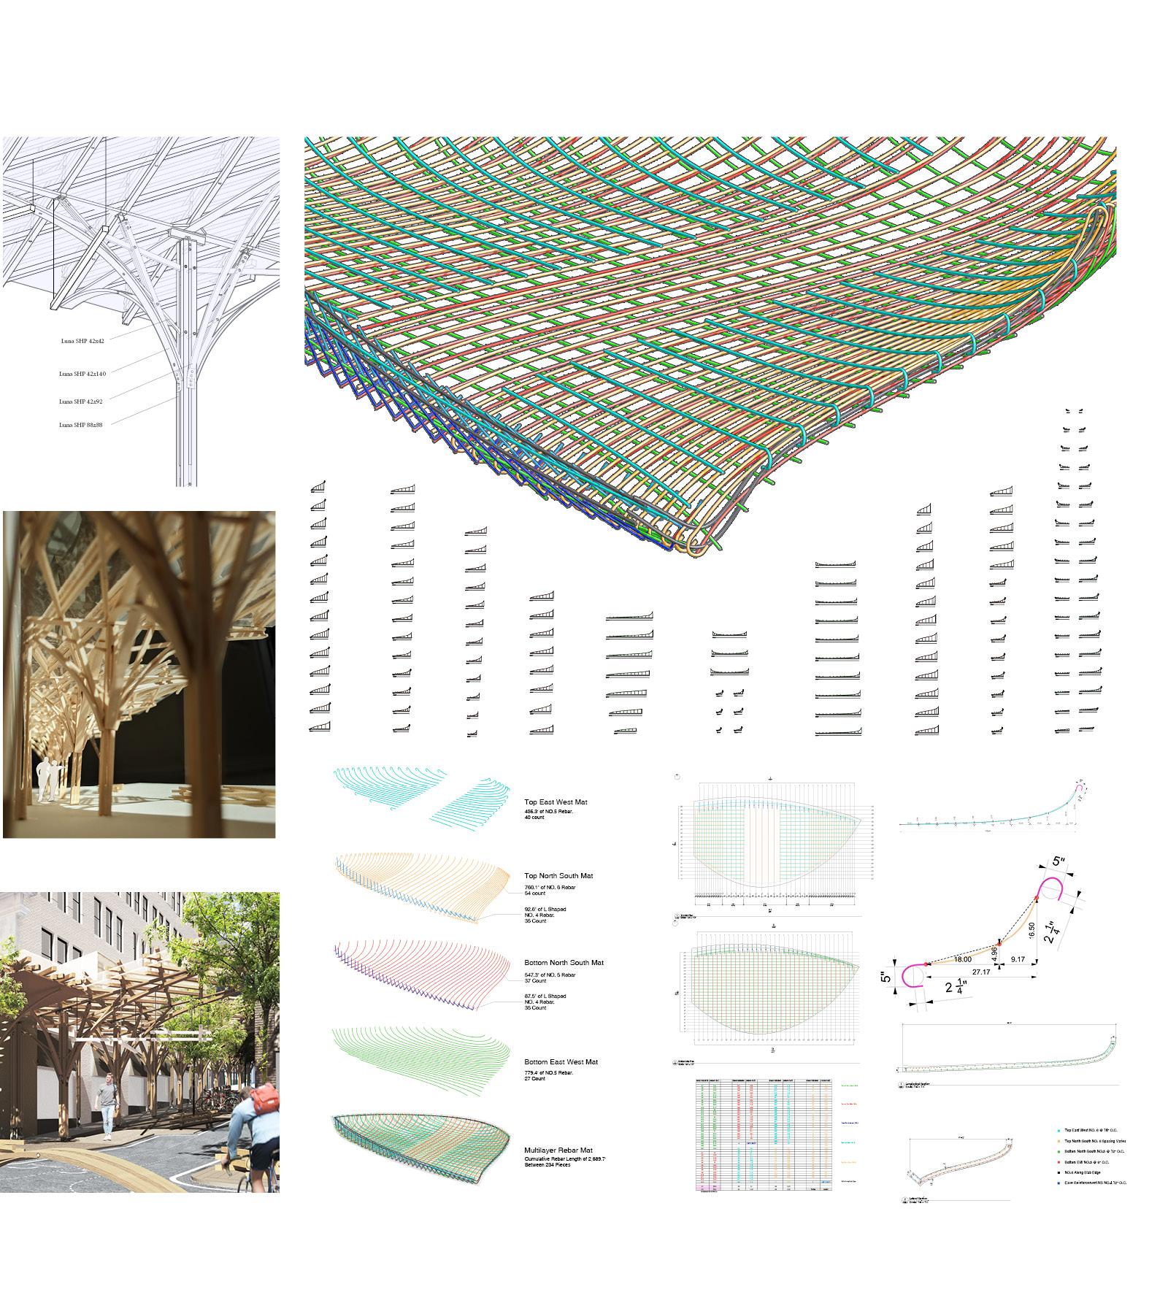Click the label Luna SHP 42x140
coord(82,374)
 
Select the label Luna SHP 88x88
coord(80,425)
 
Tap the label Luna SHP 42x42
coord(82,341)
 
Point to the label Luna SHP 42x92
coord(80,401)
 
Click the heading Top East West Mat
coord(556,802)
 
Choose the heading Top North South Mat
coord(558,876)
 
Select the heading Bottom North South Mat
coord(564,963)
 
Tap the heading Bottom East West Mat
coord(561,1062)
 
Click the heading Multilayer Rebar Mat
coord(559,1150)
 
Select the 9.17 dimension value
coord(1018,959)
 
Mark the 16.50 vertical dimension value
coord(1031,931)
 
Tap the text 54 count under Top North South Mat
coord(536,894)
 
